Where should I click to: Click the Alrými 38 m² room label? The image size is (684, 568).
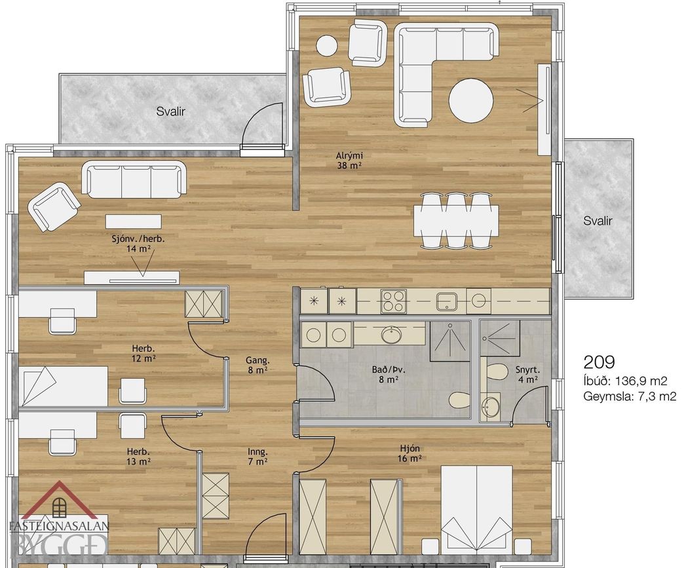pyautogui.click(x=349, y=160)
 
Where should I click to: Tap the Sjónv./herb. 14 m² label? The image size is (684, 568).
pyautogui.click(x=139, y=244)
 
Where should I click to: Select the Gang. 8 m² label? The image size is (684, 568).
pyautogui.click(x=257, y=365)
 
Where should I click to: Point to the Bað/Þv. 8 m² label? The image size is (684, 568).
pyautogui.click(x=389, y=374)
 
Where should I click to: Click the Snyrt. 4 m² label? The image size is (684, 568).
pyautogui.click(x=527, y=374)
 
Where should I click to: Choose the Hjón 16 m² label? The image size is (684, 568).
pyautogui.click(x=409, y=453)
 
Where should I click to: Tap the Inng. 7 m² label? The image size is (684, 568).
pyautogui.click(x=257, y=457)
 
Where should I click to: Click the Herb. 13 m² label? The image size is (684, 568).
pyautogui.click(x=139, y=457)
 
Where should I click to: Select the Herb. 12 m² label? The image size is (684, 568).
pyautogui.click(x=143, y=353)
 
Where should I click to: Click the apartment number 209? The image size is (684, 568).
pyautogui.click(x=599, y=362)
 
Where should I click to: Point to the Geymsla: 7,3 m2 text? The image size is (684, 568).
pyautogui.click(x=630, y=396)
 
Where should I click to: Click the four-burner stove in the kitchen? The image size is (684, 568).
pyautogui.click(x=394, y=301)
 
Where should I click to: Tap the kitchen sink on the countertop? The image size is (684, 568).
pyautogui.click(x=447, y=301)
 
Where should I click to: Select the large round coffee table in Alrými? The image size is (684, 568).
pyautogui.click(x=471, y=100)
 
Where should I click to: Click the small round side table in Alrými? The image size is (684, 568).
pyautogui.click(x=327, y=45)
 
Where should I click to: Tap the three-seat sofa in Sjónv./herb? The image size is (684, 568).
pyautogui.click(x=134, y=180)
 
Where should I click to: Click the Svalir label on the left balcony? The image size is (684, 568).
pyautogui.click(x=170, y=111)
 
